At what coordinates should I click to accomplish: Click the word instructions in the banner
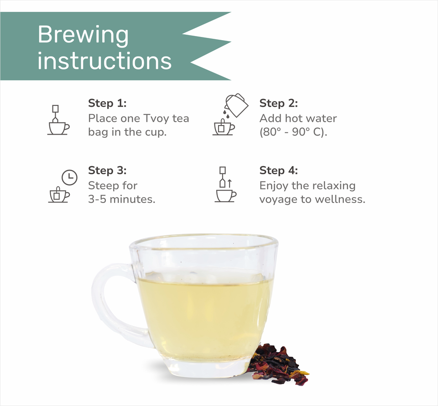point(104,61)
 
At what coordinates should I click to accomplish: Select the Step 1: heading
point(107,103)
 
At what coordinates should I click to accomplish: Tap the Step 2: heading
point(278,103)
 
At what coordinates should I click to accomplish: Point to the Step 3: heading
point(107,170)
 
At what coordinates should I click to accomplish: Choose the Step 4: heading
point(278,170)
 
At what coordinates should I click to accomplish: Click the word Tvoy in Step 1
point(156,119)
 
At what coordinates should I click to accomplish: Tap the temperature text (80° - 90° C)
point(293,132)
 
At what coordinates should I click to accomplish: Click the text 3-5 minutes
point(121,199)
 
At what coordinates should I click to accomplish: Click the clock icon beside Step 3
point(69,177)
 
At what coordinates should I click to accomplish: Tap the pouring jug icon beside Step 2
point(236,105)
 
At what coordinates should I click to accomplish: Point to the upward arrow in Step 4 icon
point(229,183)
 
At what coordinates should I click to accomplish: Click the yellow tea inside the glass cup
point(205,318)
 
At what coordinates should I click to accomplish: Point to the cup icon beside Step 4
point(225,196)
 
